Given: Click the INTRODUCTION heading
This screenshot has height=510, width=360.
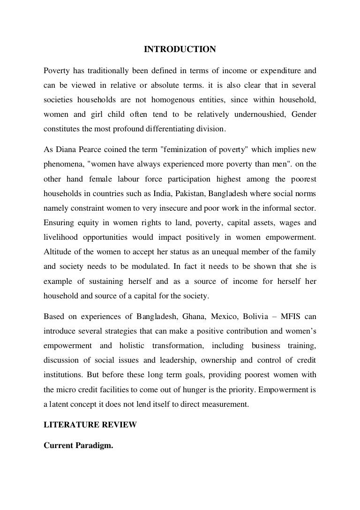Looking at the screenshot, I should tap(180, 49).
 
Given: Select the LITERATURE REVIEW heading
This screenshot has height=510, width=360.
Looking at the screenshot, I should tap(90, 425).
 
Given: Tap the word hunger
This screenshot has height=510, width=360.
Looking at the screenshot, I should tap(211, 388).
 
